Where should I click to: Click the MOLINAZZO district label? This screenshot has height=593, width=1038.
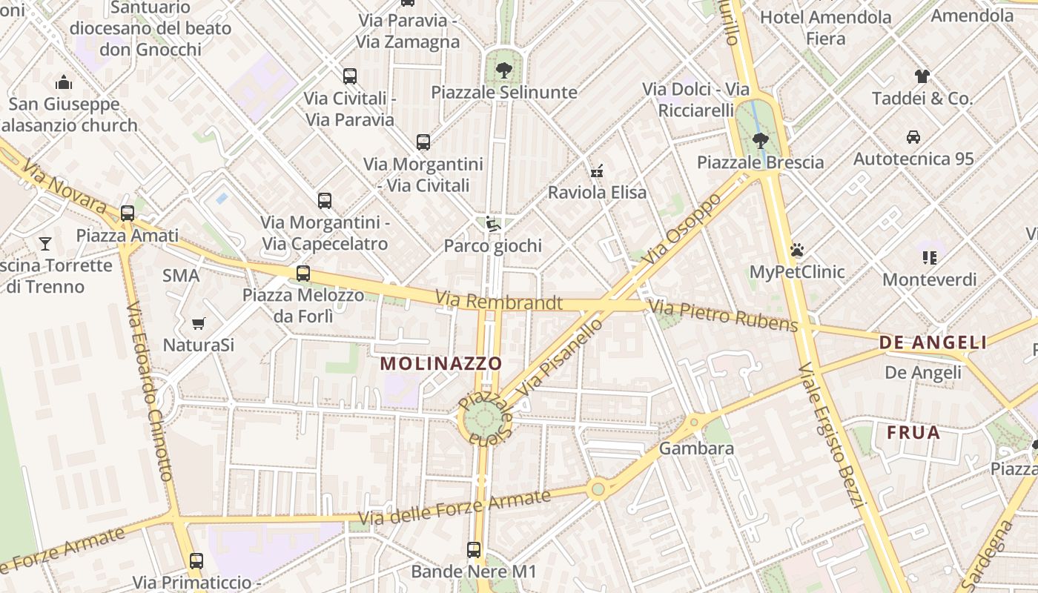point(441,363)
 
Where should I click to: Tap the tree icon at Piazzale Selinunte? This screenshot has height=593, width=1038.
point(503,70)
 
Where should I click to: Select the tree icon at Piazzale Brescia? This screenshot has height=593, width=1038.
point(760,140)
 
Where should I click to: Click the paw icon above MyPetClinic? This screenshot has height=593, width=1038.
point(797,250)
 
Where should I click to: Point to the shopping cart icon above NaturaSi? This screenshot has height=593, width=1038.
point(198,323)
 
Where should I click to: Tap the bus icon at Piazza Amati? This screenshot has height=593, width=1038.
point(128,213)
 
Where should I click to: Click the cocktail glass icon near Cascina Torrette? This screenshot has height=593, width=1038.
point(45,243)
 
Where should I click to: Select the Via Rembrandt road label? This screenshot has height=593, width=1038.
point(498,301)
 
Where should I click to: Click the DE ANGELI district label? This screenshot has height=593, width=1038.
point(933,342)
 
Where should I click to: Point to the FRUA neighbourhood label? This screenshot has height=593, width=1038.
point(913,432)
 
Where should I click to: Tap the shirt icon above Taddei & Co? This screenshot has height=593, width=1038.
point(922,76)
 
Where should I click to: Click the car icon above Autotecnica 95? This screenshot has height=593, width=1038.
point(913,137)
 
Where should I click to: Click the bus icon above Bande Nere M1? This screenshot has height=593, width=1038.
point(474,550)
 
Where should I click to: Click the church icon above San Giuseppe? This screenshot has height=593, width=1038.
point(65,82)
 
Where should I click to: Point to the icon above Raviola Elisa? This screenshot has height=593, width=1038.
point(596,171)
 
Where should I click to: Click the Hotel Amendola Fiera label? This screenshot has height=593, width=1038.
point(825,27)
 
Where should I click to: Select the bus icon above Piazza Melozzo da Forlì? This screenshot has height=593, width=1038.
point(303,273)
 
